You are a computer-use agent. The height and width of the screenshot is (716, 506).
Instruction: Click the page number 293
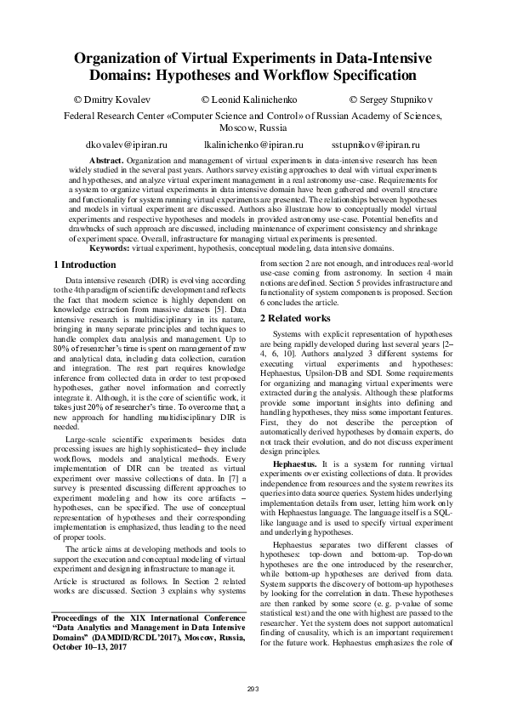(252, 687)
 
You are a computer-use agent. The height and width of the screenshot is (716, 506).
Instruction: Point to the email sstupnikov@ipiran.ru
(375, 145)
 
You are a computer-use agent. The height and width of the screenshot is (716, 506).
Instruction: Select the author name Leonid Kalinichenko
(253, 101)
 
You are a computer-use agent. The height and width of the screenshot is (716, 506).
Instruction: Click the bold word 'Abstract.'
(107, 160)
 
